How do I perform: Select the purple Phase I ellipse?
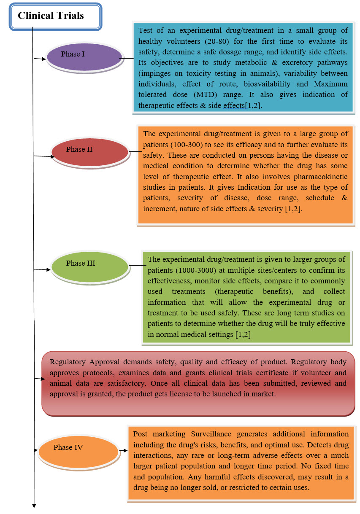(84, 57)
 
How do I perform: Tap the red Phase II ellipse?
(89, 151)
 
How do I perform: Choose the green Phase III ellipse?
(89, 266)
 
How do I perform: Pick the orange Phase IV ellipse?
(78, 450)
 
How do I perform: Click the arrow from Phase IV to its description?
(123, 451)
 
